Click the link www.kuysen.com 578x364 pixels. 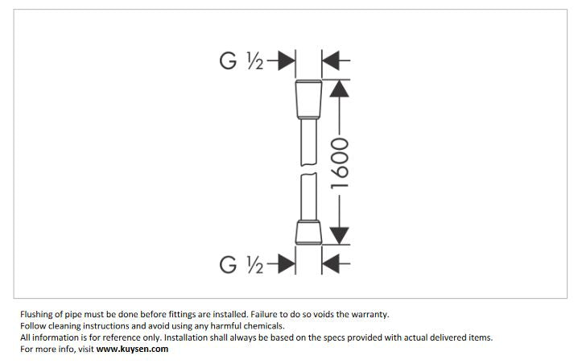(132, 349)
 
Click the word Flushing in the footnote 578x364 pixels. (37, 315)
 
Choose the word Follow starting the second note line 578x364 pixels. (33, 326)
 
